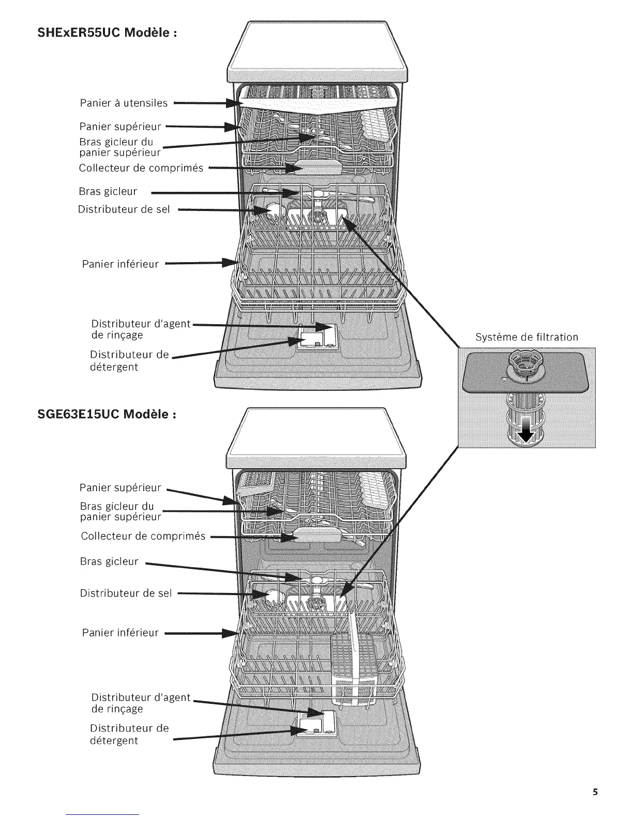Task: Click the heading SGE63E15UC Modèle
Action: coord(109,414)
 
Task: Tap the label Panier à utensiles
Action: coord(124,103)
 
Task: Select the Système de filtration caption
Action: coord(526,338)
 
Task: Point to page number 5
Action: coord(595,792)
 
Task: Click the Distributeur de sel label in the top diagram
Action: coord(124,209)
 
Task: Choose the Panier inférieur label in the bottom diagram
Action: coord(120,632)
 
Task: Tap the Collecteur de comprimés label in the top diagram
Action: coord(141,168)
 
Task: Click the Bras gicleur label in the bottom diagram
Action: coord(109,561)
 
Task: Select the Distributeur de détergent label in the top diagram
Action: coord(129,361)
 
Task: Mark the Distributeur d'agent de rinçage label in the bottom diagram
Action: coord(141,703)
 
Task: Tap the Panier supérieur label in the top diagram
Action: coord(120,126)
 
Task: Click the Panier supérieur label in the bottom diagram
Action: coord(120,488)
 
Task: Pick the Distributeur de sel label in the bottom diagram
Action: coord(125,593)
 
